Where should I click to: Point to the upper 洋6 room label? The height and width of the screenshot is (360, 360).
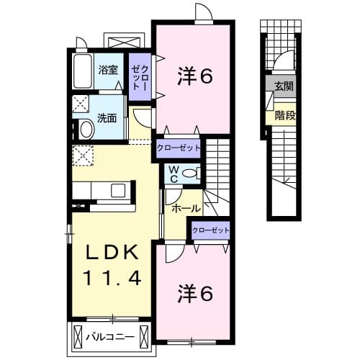(194, 76)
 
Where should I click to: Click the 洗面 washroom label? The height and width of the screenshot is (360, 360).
(107, 117)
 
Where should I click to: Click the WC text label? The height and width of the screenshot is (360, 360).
(174, 174)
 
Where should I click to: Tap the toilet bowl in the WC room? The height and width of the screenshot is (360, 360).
(191, 173)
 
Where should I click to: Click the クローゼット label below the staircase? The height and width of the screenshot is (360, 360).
(211, 230)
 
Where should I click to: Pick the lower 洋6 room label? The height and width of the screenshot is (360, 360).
(195, 293)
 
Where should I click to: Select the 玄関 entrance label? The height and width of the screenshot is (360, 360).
(283, 86)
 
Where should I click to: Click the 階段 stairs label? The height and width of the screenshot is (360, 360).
(284, 115)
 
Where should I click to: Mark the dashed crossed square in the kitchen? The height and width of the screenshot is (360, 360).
(81, 155)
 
